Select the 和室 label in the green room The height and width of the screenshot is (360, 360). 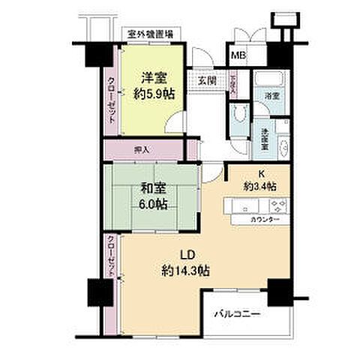click(151, 189)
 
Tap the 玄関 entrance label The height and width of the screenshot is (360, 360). click(206, 81)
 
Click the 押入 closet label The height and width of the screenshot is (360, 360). click(142, 148)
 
